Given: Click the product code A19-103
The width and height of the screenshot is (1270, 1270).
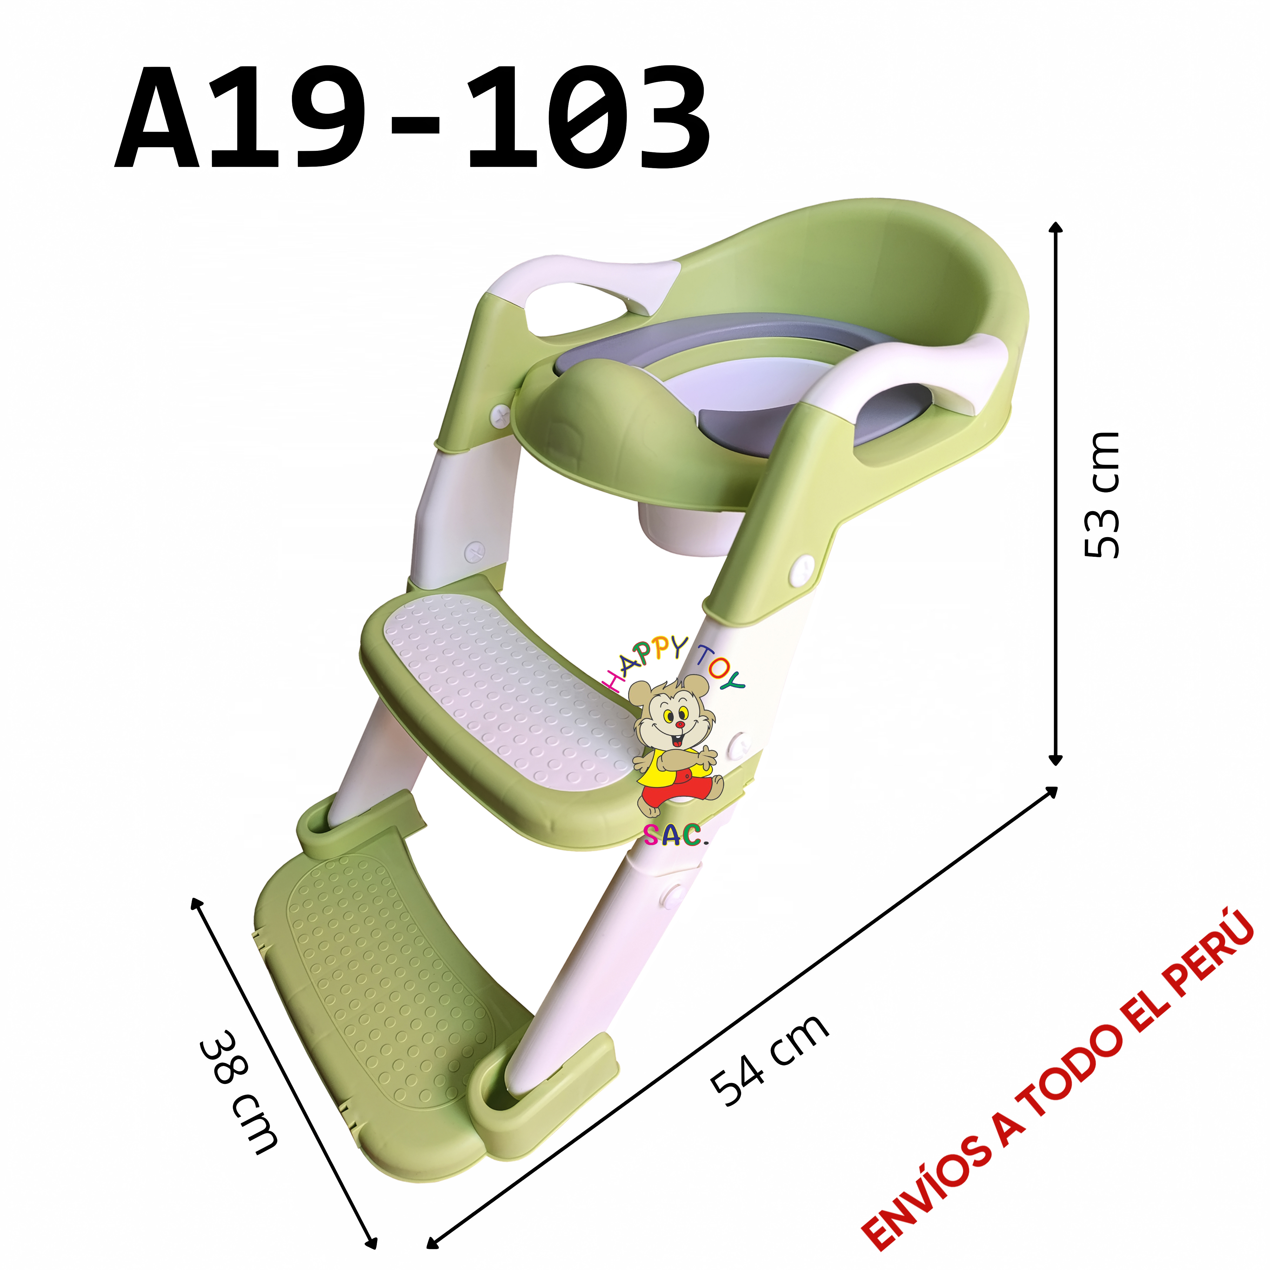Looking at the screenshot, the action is coord(412,118).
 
